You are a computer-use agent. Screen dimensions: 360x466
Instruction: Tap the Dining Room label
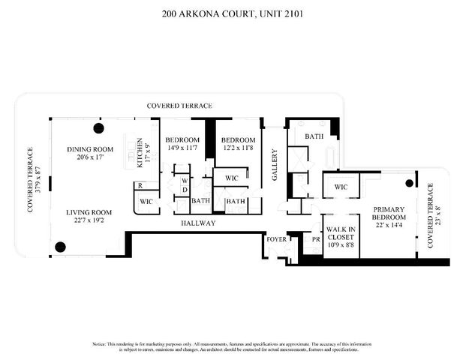pyautogui.click(x=89, y=150)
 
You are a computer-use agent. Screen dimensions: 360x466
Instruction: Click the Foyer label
pyautogui.click(x=275, y=239)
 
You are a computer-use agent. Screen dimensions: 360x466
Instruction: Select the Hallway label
pyautogui.click(x=198, y=223)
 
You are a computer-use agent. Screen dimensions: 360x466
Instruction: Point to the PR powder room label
pyautogui.click(x=316, y=240)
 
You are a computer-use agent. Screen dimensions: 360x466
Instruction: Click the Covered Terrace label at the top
pyautogui.click(x=179, y=106)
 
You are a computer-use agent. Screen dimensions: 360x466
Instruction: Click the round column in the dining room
pyautogui.click(x=98, y=127)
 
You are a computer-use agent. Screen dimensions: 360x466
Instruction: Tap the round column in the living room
pyautogui.click(x=62, y=244)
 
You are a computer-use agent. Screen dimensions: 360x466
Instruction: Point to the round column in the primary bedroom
pyautogui.click(x=410, y=183)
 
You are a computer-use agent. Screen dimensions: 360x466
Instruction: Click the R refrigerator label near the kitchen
pyautogui.click(x=140, y=186)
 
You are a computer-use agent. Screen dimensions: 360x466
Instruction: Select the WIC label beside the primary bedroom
pyautogui.click(x=341, y=187)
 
